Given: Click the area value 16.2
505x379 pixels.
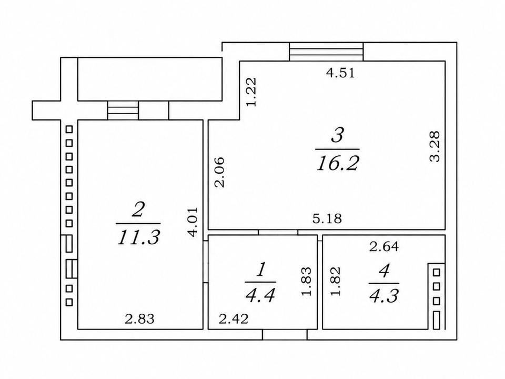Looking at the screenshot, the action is click(x=338, y=164).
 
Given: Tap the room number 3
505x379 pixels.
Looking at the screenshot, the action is click(x=337, y=135).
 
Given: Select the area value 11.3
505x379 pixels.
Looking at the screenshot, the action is click(x=138, y=238).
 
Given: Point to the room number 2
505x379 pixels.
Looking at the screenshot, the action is click(x=138, y=210).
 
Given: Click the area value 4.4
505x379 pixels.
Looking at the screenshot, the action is click(x=260, y=295).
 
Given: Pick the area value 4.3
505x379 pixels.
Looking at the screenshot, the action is click(x=384, y=295).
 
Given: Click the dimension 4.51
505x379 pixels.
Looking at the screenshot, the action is click(x=340, y=73).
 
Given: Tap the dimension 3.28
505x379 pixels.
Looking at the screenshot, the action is click(x=435, y=146).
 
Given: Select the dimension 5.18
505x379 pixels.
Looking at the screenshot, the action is click(x=327, y=219).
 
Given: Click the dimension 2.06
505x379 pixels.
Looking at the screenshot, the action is click(x=220, y=172).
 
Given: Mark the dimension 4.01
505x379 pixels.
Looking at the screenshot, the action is click(x=193, y=222).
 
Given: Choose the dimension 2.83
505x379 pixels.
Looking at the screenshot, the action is click(x=139, y=319).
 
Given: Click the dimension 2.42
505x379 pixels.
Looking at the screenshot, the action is click(x=234, y=319).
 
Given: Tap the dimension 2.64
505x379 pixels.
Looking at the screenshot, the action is click(x=384, y=247).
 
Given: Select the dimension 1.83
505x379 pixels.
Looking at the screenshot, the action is click(x=306, y=281).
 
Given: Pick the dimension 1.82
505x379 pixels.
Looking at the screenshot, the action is click(x=335, y=281).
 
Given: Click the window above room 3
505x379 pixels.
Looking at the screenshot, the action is click(x=326, y=52).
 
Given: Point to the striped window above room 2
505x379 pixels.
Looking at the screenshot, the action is click(x=123, y=110).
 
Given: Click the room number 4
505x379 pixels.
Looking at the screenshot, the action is click(x=384, y=271).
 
